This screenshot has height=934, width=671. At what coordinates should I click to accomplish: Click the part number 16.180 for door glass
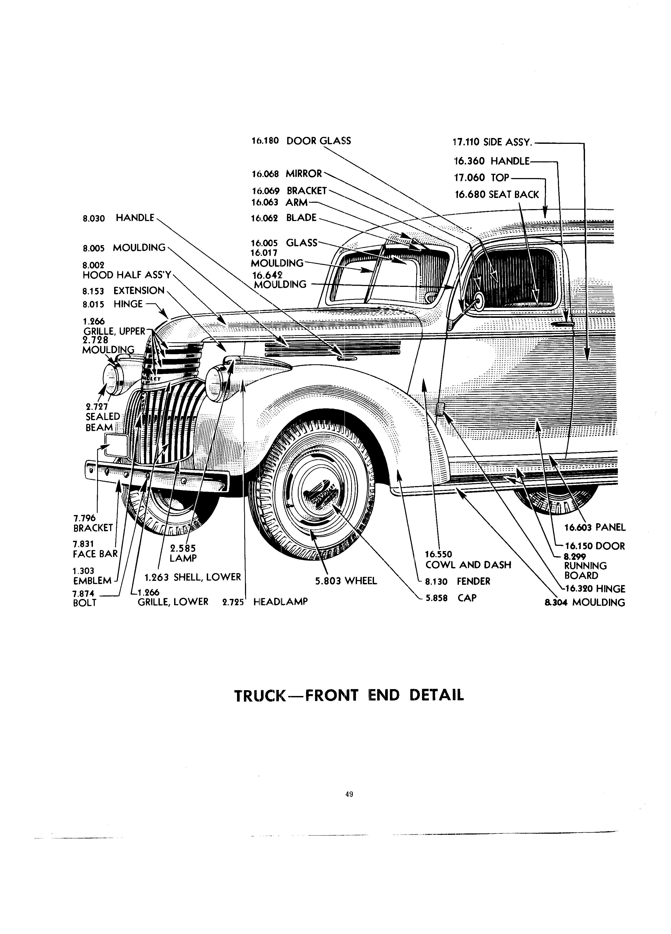(265, 141)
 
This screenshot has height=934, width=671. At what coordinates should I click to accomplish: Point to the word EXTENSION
(139, 291)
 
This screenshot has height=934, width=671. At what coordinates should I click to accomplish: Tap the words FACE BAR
(95, 554)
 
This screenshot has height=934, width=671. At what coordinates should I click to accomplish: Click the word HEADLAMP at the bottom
(281, 602)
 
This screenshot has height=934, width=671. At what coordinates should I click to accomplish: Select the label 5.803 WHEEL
(346, 581)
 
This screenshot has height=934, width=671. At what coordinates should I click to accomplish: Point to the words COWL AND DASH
(468, 565)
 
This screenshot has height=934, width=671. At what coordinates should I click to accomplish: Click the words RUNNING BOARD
(585, 570)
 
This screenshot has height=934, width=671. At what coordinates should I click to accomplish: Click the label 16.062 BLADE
(284, 218)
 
